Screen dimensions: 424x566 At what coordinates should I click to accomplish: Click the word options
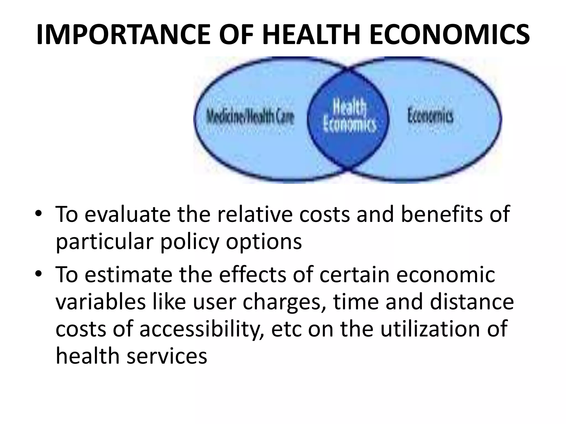(264, 242)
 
